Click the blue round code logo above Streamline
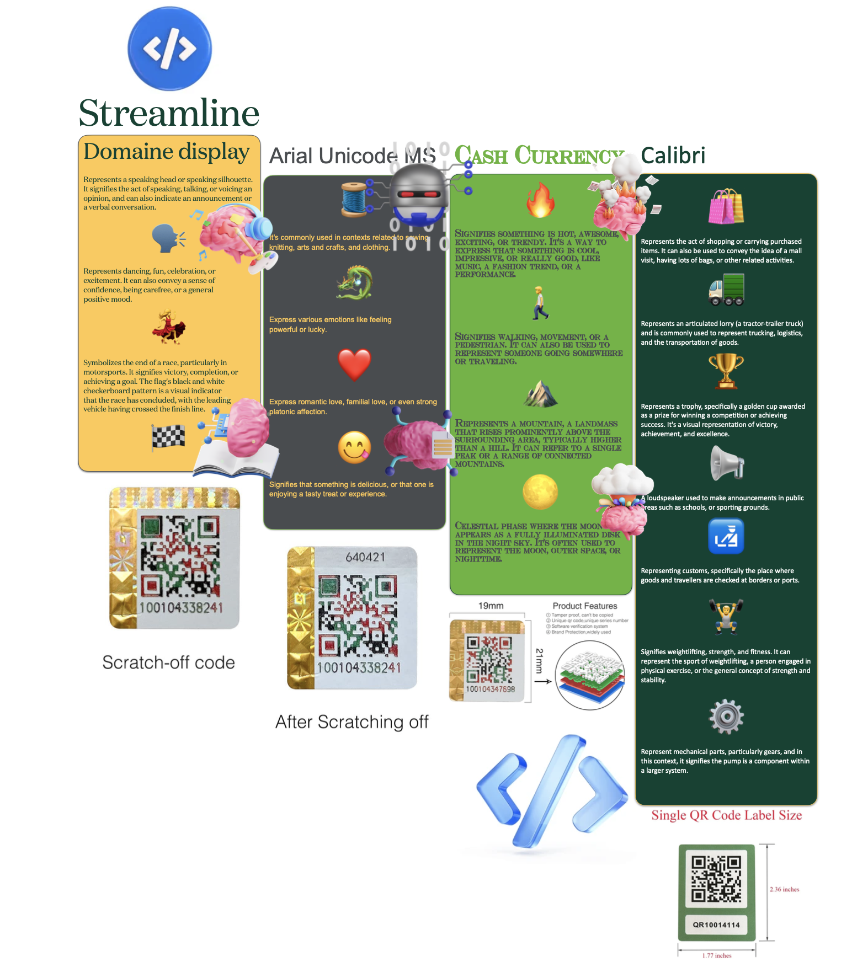coord(169,49)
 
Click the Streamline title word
coord(169,113)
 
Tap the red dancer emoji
coord(168,327)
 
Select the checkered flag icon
coord(168,437)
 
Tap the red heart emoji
coord(354,365)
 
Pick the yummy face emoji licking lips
coord(354,447)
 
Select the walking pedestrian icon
coord(540,303)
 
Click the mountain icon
coord(540,393)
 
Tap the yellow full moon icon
coord(540,492)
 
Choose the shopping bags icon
coord(726,206)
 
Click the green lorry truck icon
coord(726,290)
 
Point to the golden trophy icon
coord(726,371)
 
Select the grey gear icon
coord(726,716)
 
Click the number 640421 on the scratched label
coord(365,557)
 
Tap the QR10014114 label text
coord(716,925)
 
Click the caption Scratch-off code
coord(168,662)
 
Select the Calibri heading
coord(673,156)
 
